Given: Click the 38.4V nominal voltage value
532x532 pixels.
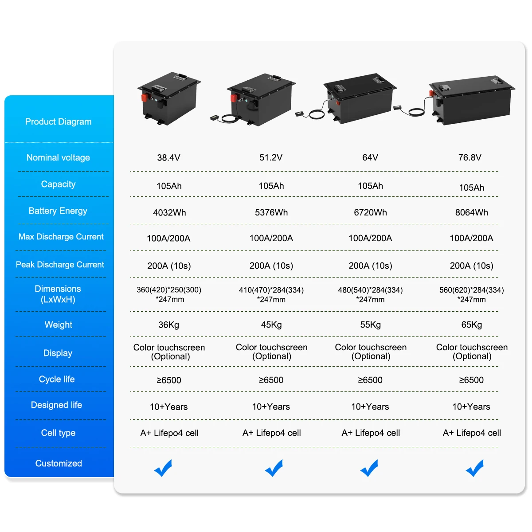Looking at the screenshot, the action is tap(168, 157).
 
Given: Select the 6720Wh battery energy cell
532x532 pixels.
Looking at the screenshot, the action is tap(370, 212).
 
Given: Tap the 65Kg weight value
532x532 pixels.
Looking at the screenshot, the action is tap(471, 325).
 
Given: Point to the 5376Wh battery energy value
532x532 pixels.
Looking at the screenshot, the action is tap(271, 212).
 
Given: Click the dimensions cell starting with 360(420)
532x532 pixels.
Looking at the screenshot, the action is tap(169, 294).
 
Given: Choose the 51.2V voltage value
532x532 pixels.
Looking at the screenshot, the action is tap(270, 157).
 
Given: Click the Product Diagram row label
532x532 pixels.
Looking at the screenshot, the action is tap(58, 121).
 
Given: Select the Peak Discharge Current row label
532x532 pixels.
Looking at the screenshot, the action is tap(60, 265).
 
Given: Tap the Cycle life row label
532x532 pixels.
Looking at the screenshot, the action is tap(57, 379).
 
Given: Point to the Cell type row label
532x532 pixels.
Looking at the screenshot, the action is tap(58, 433).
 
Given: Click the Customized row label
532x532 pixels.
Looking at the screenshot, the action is tap(59, 463).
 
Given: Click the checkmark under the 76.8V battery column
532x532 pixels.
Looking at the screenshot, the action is tap(474, 468).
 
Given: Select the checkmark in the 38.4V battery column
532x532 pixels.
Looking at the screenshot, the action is tap(163, 468).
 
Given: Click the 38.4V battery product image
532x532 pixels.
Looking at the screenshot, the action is tap(169, 98).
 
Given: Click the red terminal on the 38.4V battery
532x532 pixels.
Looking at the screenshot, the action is tap(145, 98).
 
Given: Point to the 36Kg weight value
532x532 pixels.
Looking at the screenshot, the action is tap(168, 325).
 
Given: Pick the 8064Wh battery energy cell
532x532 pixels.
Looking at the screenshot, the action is tap(471, 212).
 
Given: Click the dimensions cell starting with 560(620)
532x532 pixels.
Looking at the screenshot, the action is tap(471, 294).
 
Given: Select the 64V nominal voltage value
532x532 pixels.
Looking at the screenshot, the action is tap(370, 157).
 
